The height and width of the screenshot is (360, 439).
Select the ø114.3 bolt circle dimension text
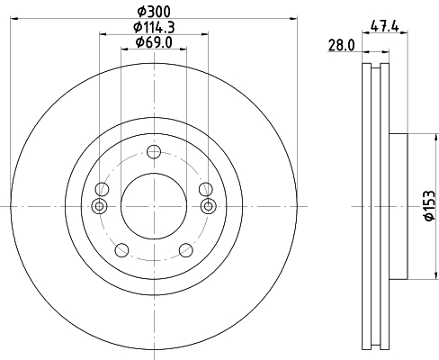154,26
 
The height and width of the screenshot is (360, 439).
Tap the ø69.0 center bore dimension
154,42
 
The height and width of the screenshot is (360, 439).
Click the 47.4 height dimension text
385,25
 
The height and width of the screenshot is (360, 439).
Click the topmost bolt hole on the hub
154,151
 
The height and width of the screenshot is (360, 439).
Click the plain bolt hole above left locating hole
102,189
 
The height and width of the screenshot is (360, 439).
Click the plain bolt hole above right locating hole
206,189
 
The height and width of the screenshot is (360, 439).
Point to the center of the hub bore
154,206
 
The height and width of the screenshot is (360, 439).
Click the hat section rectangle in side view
399,206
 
